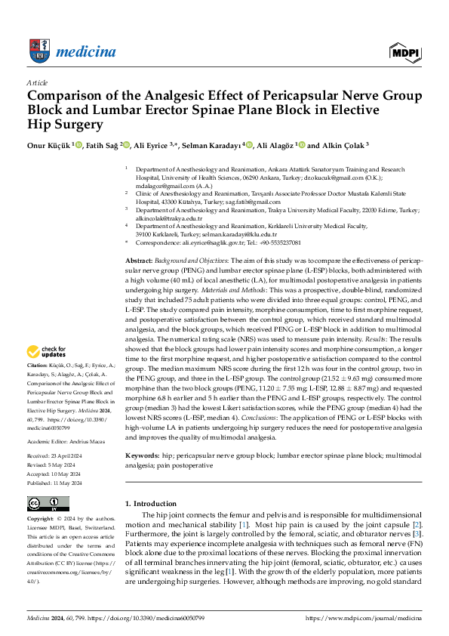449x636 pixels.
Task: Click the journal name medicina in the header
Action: tap(93, 51)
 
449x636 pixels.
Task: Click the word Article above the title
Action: tap(37, 82)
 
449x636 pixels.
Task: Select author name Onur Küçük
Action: tap(50, 145)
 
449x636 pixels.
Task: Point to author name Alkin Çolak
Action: tap(343, 145)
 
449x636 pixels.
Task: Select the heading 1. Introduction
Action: tap(150, 504)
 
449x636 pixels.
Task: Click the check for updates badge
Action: tap(47, 351)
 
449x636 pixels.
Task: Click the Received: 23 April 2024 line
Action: tap(57, 457)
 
